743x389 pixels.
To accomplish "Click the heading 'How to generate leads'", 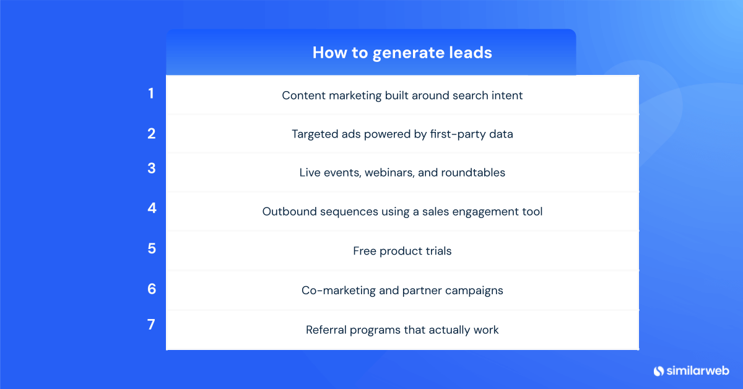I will pyautogui.click(x=402, y=53).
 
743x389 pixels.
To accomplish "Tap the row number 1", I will pyautogui.click(x=150, y=94).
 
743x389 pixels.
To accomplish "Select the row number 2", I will pyautogui.click(x=151, y=133).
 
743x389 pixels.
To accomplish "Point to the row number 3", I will pyautogui.click(x=151, y=168).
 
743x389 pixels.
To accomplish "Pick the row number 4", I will pyautogui.click(x=152, y=208).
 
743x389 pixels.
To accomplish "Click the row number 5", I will pyautogui.click(x=152, y=248).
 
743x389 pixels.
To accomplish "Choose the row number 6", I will pyautogui.click(x=152, y=289).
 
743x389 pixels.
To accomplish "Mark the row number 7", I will pyautogui.click(x=151, y=324).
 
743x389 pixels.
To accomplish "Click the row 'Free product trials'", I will pyautogui.click(x=402, y=251).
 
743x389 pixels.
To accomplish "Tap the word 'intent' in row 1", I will pyautogui.click(x=506, y=95).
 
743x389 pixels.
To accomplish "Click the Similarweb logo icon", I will pyautogui.click(x=659, y=370).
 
